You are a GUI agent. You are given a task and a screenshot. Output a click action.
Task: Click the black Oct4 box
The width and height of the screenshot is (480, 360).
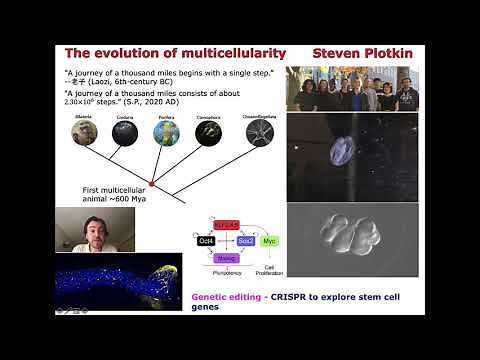click(x=206, y=241)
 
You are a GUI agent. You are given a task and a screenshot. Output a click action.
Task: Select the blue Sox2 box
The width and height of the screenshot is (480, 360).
click(x=246, y=241)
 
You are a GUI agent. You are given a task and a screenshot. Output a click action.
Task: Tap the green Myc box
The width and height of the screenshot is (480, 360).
click(x=270, y=241)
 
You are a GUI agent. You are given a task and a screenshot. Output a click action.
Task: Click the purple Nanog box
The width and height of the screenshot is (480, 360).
click(x=227, y=258)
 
